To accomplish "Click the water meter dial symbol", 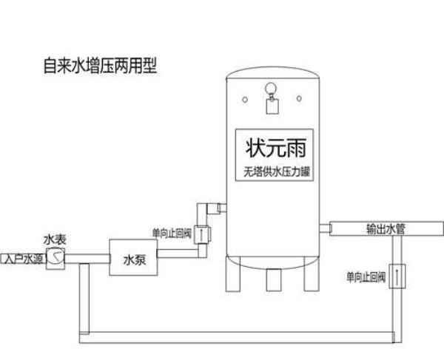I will point(54,257).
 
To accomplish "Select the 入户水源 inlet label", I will point(21,259).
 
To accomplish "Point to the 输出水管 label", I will point(384,229).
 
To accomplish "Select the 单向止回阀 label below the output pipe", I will point(366,279).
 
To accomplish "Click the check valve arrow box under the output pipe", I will point(399,279).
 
